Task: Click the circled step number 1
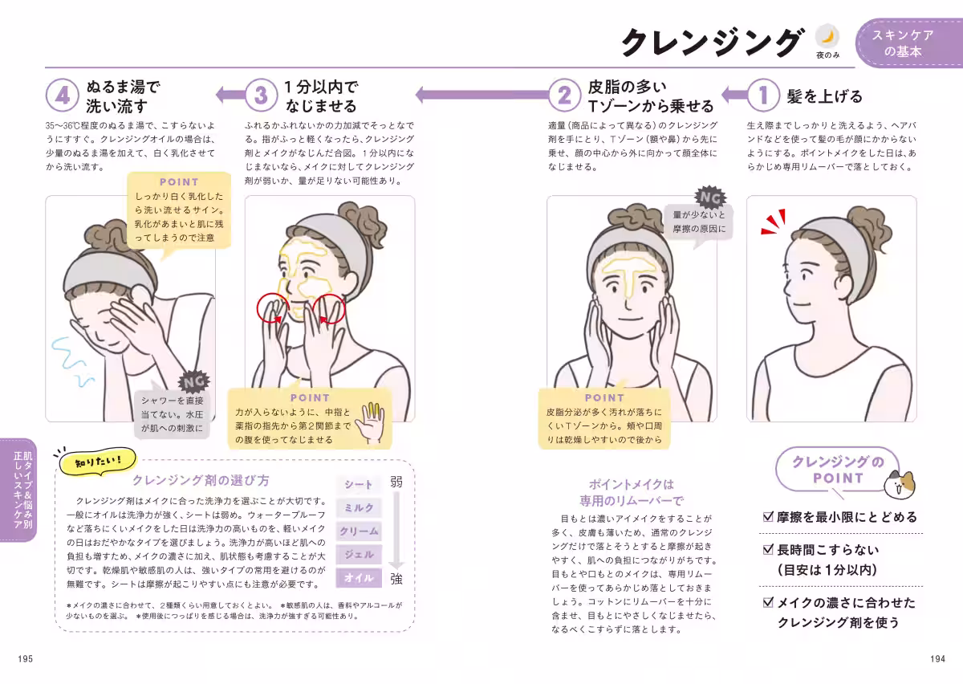click(x=763, y=95)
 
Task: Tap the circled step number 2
click(x=564, y=95)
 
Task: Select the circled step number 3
click(x=261, y=95)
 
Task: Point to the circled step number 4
click(x=63, y=95)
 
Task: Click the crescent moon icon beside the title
click(x=827, y=37)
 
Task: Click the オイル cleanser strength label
click(x=359, y=578)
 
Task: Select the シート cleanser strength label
click(x=359, y=485)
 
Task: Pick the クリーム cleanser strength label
click(x=359, y=531)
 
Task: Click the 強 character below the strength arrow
click(x=396, y=579)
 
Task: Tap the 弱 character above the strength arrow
click(x=396, y=482)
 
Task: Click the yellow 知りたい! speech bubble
click(x=98, y=462)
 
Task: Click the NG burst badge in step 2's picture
click(x=710, y=197)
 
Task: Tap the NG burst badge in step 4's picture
click(x=194, y=382)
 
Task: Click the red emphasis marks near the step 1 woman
click(x=774, y=222)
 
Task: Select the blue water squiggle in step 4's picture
click(x=71, y=361)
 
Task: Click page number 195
click(x=26, y=658)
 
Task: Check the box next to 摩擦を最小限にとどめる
click(x=768, y=516)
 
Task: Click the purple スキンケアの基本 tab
click(x=908, y=43)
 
